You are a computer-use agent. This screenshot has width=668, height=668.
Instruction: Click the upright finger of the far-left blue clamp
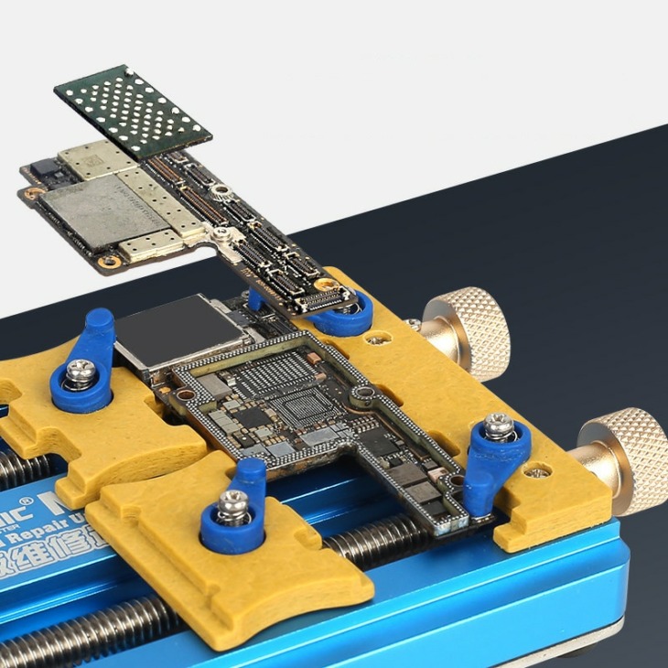[x=99, y=329]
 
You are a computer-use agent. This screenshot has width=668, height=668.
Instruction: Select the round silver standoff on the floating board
[x=221, y=191]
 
